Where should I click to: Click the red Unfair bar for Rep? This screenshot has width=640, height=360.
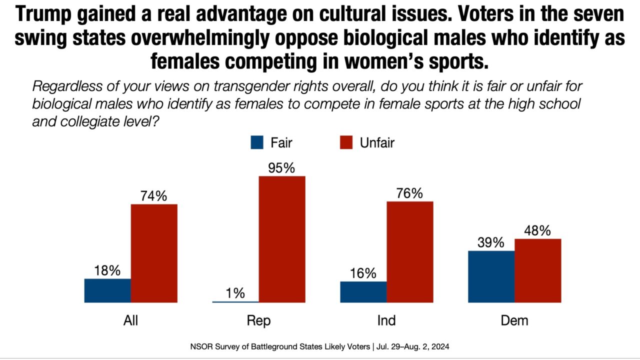pyautogui.click(x=281, y=239)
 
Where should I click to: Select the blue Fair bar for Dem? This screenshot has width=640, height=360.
pyautogui.click(x=491, y=276)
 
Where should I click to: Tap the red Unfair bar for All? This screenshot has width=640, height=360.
pyautogui.click(x=154, y=253)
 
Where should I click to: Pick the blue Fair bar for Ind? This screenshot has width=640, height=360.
pyautogui.click(x=363, y=292)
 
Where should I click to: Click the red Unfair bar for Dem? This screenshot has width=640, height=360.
pyautogui.click(x=538, y=270)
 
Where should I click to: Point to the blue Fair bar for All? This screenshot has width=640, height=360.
pyautogui.click(x=107, y=290)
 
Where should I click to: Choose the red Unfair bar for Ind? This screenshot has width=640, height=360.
pyautogui.click(x=410, y=252)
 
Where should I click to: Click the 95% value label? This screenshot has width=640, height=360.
pyautogui.click(x=281, y=168)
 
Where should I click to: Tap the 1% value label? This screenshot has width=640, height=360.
pyautogui.click(x=235, y=292)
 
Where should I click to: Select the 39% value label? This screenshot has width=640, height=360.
pyautogui.click(x=490, y=242)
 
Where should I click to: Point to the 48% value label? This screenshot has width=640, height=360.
pyautogui.click(x=537, y=230)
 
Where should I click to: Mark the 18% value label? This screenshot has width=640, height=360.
pyautogui.click(x=107, y=270)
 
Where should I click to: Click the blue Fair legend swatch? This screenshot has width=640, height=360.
pyautogui.click(x=256, y=143)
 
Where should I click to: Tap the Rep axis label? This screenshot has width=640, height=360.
pyautogui.click(x=258, y=320)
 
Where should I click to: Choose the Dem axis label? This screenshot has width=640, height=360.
pyautogui.click(x=514, y=320)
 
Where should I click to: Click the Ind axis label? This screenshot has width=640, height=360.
pyautogui.click(x=386, y=320)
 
